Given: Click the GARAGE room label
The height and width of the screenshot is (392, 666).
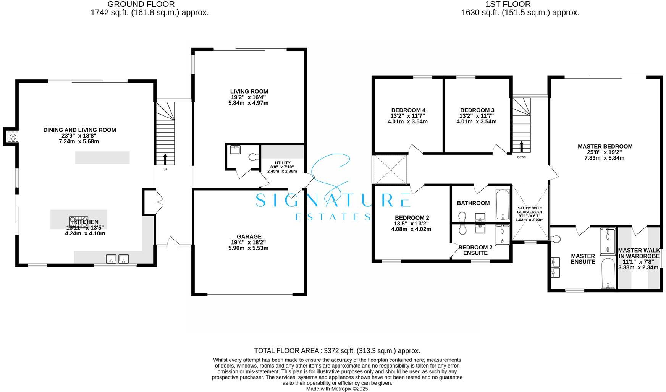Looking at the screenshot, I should (249, 236).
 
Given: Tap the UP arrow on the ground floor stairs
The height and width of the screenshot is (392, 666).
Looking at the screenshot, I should (165, 159).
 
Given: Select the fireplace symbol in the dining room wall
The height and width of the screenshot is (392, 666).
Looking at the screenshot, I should (13, 137).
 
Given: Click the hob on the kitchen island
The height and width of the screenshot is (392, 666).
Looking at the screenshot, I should (78, 222).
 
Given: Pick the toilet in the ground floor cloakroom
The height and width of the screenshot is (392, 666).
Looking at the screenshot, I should (252, 157).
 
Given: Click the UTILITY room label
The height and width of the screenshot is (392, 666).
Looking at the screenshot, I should (283, 163).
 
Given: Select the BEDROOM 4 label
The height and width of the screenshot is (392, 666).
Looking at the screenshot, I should (408, 110).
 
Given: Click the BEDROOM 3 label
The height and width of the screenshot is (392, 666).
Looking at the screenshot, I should (477, 110).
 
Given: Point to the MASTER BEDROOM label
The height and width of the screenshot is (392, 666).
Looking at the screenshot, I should (605, 146).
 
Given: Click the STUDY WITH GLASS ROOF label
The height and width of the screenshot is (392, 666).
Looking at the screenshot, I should (530, 210).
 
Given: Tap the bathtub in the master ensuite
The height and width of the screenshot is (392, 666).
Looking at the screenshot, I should (608, 273).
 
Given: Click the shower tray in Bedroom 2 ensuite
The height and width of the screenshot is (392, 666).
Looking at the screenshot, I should (502, 235).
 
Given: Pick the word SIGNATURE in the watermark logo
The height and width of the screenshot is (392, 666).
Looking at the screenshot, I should (332, 200).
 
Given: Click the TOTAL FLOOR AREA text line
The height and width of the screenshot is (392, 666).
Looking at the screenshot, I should (337, 350).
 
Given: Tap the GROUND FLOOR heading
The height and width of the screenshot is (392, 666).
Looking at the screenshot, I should (141, 4).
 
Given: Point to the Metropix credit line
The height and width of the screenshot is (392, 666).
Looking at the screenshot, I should (337, 389).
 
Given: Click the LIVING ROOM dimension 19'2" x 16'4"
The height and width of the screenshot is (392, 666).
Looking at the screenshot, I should (249, 97).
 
